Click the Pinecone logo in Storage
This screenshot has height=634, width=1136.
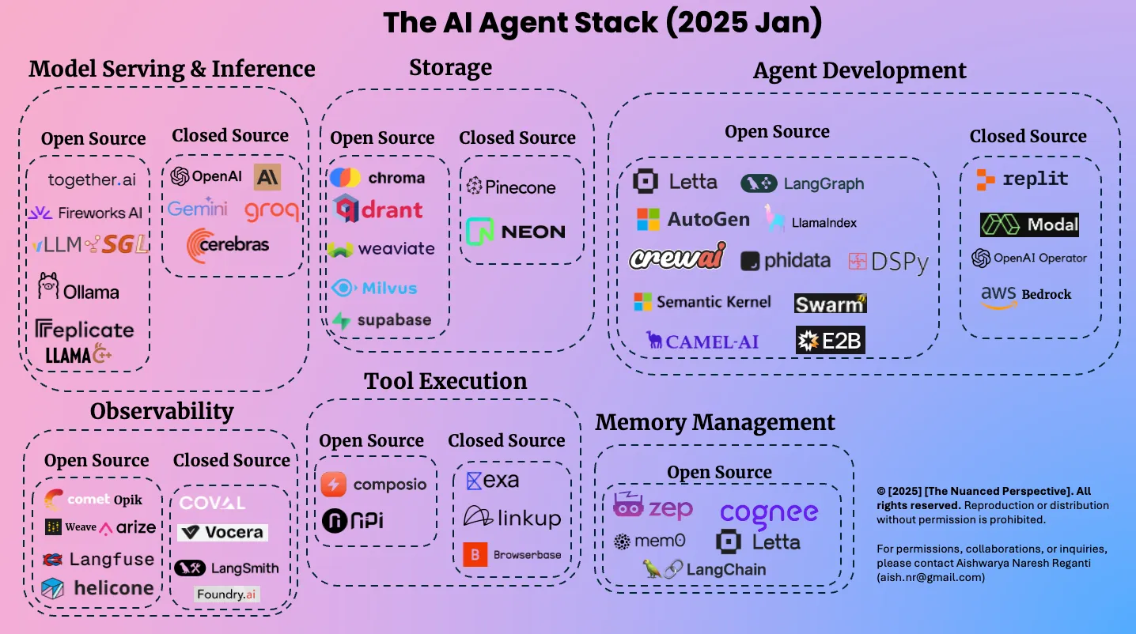510,187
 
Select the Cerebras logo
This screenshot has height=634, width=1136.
228,245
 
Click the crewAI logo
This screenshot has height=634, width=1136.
676,259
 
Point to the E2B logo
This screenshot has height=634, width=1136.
830,341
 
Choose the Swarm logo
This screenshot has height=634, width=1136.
830,304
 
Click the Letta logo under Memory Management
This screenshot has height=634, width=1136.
758,542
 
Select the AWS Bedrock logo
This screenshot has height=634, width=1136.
1026,295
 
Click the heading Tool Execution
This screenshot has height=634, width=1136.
445,381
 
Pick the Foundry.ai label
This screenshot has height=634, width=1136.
227,594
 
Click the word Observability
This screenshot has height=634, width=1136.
161,411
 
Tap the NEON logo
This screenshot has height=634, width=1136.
516,232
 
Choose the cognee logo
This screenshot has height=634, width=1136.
768,513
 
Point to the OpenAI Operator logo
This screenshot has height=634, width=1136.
1029,258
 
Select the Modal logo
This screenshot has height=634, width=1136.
1029,225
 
